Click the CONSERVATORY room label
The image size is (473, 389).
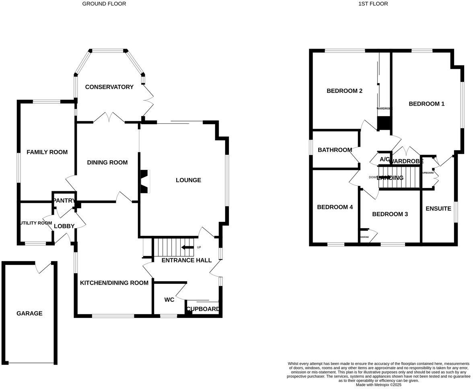click(x=109, y=87)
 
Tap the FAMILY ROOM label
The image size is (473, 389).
click(x=47, y=152)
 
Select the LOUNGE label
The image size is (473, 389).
click(x=188, y=180)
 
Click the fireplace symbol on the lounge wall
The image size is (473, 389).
click(x=144, y=182)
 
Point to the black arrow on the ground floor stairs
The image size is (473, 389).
click(x=187, y=247)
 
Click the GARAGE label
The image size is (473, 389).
click(x=29, y=313)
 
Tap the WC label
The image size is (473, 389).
click(x=169, y=300)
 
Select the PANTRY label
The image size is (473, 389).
click(x=64, y=200)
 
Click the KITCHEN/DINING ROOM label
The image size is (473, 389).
click(x=114, y=283)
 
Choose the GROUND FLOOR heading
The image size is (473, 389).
click(x=104, y=4)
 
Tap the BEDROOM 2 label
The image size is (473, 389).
click(x=344, y=91)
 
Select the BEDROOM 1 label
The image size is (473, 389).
click(x=426, y=104)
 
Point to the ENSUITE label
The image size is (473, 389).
click(x=438, y=209)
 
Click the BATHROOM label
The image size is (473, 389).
click(x=335, y=150)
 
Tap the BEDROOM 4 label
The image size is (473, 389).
click(x=335, y=207)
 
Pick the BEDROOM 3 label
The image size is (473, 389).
click(x=390, y=214)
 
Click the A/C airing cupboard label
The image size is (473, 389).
click(x=385, y=160)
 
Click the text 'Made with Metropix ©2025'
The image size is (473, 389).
click(x=378, y=385)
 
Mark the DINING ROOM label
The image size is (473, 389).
click(x=107, y=162)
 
